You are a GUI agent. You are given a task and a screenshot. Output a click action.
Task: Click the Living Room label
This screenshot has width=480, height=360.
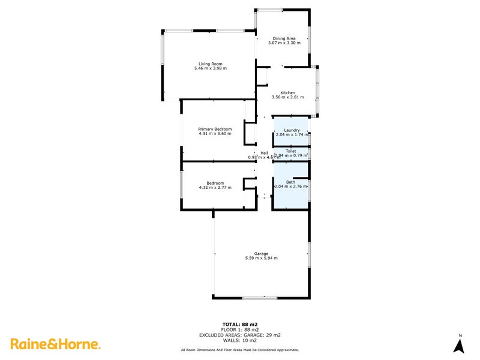coord(210,64)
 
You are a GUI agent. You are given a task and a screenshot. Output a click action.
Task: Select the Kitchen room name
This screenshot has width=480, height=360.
coord(287,92)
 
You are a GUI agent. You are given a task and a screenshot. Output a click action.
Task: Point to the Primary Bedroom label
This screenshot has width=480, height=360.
coord(215,128)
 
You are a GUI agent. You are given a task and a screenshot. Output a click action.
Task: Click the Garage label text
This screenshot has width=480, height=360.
coord(261,253)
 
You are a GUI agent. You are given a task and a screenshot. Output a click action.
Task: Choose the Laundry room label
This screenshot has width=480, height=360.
coord(292,130)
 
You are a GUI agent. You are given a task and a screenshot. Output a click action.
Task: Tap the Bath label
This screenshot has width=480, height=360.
coord(290,182)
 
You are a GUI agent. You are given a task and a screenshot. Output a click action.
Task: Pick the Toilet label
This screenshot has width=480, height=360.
coord(290,151)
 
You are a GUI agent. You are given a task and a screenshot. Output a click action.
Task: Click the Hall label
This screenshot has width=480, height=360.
coord(264,153)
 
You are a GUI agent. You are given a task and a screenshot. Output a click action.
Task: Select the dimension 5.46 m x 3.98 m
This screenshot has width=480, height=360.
coord(210,68)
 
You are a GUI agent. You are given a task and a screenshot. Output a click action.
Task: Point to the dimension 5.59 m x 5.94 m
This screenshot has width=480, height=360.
coord(261,258)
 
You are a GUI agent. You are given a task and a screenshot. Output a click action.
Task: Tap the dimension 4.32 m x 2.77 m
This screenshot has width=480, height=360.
coord(215,188)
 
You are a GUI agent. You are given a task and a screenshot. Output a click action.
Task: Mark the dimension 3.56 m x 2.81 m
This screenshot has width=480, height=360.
coord(287,97)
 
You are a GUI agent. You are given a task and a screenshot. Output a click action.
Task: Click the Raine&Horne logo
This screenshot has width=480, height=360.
coord(55,344)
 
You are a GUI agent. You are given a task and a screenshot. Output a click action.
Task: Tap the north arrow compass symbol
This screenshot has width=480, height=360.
coord(460,345)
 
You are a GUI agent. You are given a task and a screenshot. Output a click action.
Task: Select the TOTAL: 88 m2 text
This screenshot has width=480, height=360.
coord(240,325)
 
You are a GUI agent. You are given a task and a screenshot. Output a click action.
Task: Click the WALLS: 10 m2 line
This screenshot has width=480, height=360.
coord(240,341)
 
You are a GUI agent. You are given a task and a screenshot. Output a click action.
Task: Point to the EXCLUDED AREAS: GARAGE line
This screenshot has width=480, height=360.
coord(240,335)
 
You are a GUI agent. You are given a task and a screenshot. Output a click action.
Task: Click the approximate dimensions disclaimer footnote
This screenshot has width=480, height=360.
coord(240,350)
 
